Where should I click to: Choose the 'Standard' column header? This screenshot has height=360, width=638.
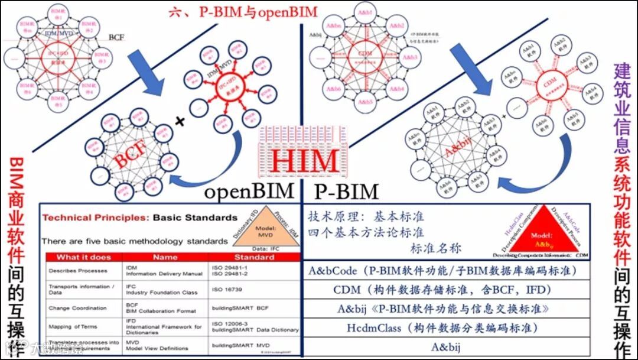pos(253,257)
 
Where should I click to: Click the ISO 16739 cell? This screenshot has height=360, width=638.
pos(231,289)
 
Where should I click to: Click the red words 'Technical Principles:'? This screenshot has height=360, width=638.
pos(95,218)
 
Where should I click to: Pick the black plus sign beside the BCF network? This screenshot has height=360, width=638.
pos(180,121)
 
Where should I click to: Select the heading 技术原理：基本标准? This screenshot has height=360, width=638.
pos(366,216)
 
